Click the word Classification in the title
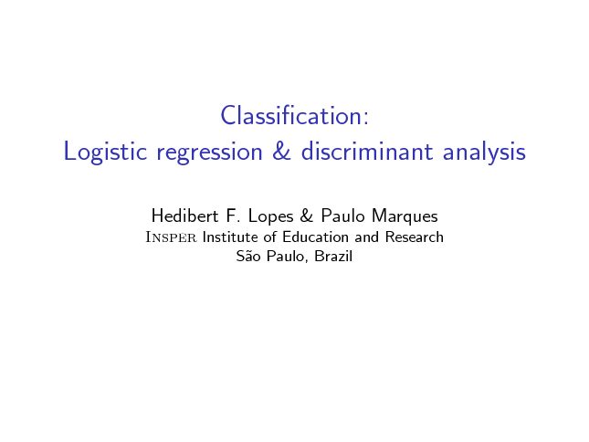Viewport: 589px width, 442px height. [291, 115]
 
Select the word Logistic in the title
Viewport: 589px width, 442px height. [105, 152]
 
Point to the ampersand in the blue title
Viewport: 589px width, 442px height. [282, 151]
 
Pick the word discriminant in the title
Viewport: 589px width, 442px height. [367, 151]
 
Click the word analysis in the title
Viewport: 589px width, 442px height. [484, 153]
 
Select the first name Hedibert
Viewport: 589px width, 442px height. [184, 216]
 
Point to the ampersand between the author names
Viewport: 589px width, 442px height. [307, 216]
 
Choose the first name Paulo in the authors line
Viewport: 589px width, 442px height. [342, 216]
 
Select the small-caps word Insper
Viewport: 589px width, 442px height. [171, 237]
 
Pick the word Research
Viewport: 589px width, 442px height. [415, 237]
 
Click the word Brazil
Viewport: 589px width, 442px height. [333, 256]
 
